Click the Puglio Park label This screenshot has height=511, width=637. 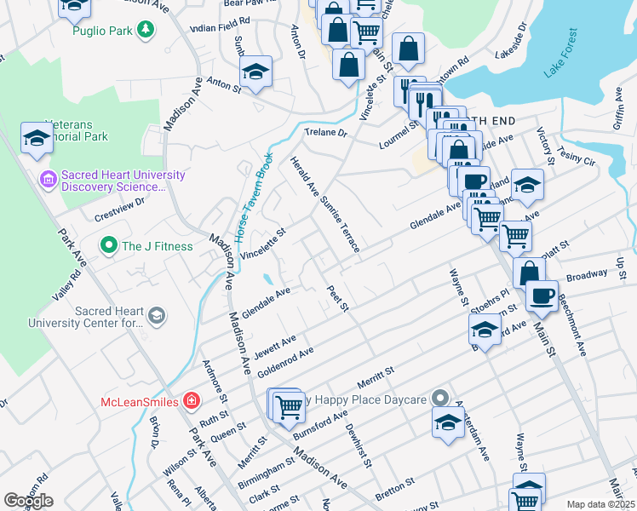(x=103, y=31)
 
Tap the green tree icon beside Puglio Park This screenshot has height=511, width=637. (x=146, y=31)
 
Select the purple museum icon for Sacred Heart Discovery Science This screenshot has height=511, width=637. (x=48, y=180)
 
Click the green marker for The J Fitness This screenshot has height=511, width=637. (x=108, y=247)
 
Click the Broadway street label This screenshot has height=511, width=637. (x=587, y=275)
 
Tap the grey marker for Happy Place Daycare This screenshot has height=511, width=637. (x=439, y=399)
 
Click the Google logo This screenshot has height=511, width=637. (x=28, y=500)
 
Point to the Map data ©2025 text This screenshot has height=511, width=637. (x=600, y=504)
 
